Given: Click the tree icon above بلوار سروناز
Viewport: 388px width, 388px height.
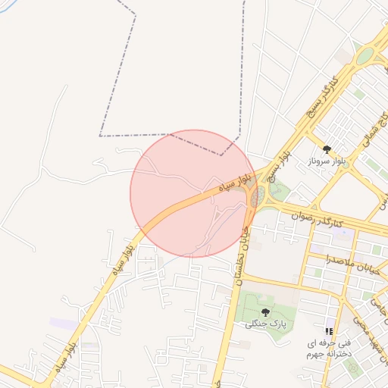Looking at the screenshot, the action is (x=327, y=150).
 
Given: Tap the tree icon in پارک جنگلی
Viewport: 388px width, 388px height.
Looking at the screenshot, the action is (x=264, y=312).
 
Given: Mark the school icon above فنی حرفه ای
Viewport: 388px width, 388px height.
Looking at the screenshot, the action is (x=328, y=331).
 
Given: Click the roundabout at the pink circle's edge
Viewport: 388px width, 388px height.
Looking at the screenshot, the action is (x=258, y=196).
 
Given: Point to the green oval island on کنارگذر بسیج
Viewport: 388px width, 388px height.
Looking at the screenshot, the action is (x=365, y=56).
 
